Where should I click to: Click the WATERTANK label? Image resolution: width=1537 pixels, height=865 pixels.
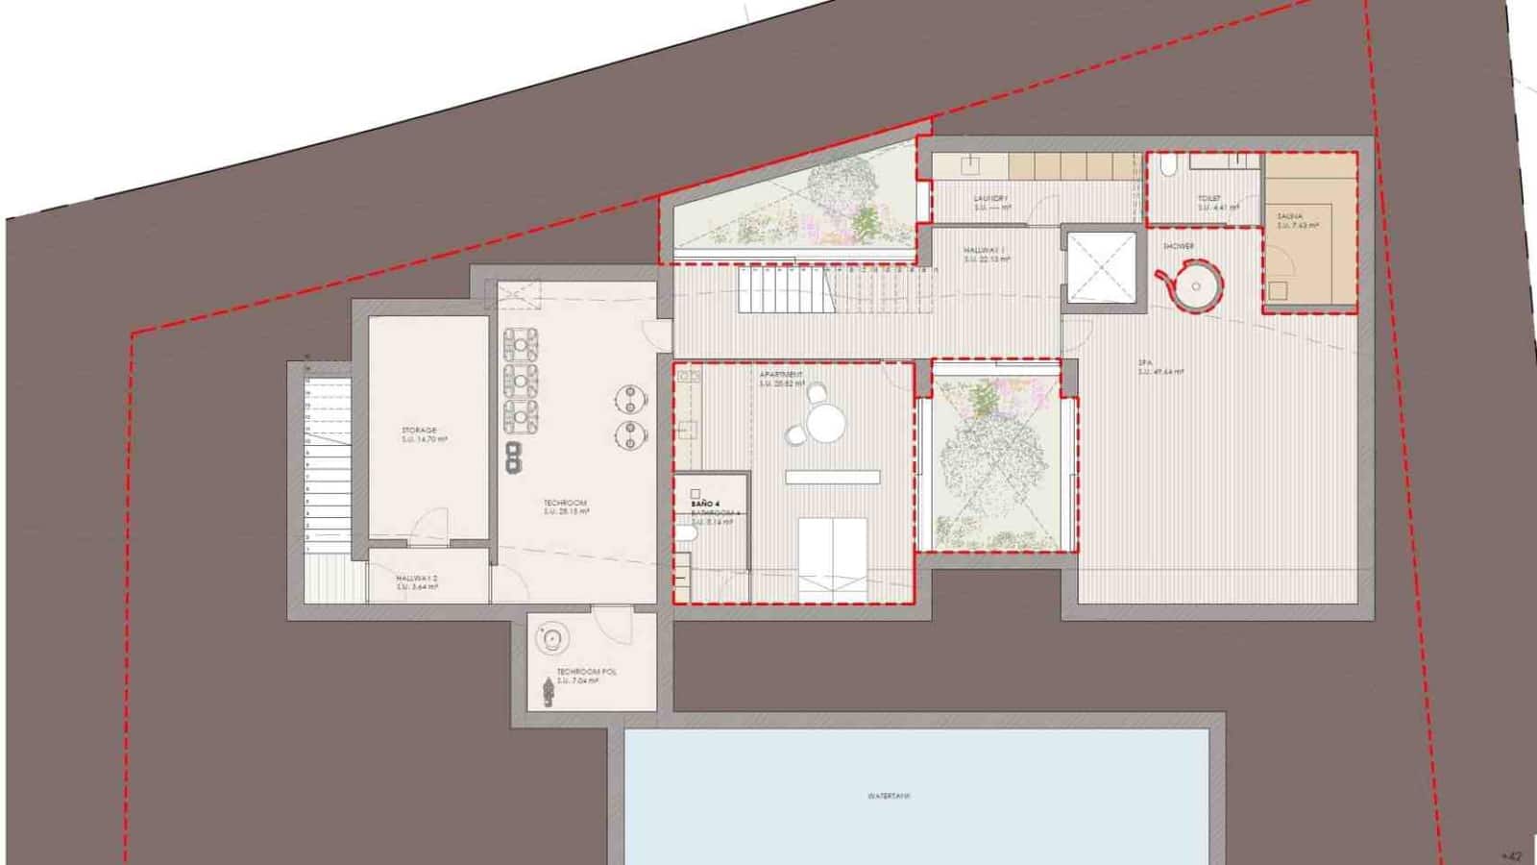(888, 796)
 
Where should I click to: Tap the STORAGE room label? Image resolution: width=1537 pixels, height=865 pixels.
(420, 431)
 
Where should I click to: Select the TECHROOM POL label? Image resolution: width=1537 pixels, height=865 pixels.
(586, 673)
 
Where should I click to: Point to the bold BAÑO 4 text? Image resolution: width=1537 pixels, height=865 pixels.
(704, 503)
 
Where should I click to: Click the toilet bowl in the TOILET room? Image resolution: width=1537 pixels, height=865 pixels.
(1168, 168)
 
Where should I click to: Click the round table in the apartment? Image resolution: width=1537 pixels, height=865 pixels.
(823, 423)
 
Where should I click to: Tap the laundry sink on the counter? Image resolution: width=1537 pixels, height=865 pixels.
(971, 164)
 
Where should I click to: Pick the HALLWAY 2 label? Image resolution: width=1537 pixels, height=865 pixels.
(417, 579)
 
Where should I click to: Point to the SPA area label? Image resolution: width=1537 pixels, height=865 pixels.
(1145, 363)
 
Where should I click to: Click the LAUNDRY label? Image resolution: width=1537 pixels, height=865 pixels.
(990, 200)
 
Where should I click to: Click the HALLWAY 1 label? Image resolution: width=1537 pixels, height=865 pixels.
(984, 250)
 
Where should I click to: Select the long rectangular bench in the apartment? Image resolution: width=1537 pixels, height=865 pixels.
(832, 477)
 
